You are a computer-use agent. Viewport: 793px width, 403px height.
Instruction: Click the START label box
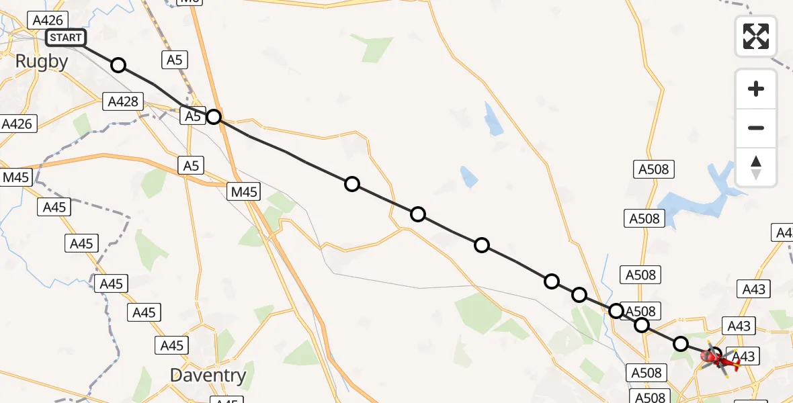tap(66, 38)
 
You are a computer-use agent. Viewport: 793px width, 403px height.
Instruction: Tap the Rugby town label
tap(42, 62)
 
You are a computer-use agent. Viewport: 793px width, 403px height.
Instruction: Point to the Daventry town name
tap(208, 375)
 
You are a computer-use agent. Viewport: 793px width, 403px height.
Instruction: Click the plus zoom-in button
tap(756, 89)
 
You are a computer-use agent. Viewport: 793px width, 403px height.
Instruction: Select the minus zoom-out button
tap(756, 128)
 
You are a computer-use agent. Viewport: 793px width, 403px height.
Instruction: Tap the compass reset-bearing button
tap(756, 167)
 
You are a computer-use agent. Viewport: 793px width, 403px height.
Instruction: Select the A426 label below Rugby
tap(17, 124)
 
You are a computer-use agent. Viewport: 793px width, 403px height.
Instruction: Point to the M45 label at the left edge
tap(16, 177)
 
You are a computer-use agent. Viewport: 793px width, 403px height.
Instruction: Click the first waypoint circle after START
tap(118, 65)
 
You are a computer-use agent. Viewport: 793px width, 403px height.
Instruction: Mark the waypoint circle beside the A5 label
tap(213, 117)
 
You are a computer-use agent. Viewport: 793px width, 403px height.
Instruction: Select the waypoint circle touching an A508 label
tap(616, 310)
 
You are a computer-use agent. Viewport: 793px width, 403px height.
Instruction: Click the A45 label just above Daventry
tap(172, 346)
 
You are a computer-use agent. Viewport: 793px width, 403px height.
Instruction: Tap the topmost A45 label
tap(54, 207)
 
